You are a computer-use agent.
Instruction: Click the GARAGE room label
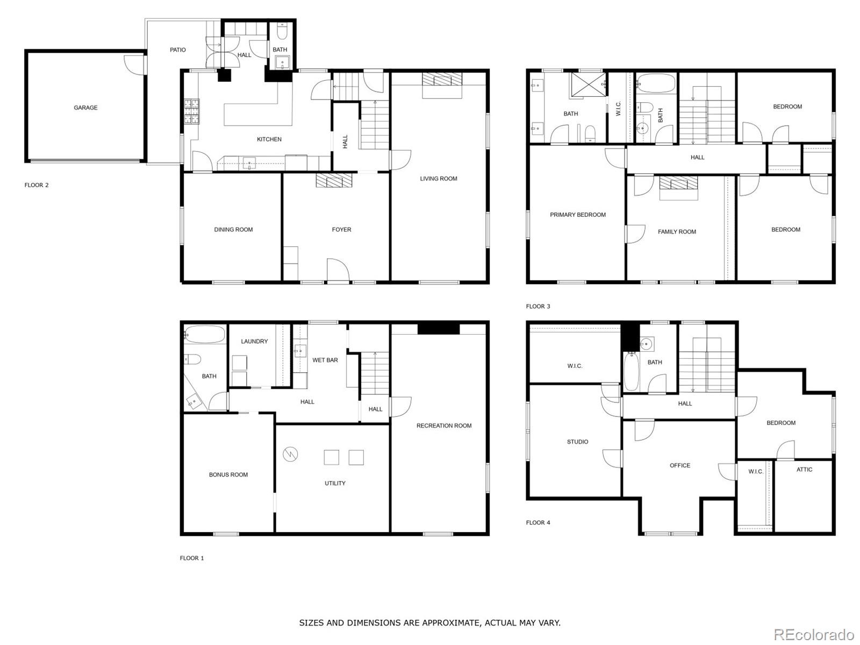click(85, 108)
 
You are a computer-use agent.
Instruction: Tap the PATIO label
click(177, 50)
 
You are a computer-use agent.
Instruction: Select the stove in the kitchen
click(191, 111)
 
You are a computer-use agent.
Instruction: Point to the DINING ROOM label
click(233, 229)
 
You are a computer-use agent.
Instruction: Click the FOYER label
click(341, 229)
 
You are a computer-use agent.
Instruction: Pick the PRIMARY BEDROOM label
click(577, 215)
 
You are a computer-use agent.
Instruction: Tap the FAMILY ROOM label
click(677, 232)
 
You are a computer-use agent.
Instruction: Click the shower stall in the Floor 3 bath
click(587, 84)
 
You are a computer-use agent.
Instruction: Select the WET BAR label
click(325, 360)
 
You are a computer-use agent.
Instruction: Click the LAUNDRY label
click(254, 342)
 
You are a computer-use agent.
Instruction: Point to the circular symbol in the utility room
click(290, 454)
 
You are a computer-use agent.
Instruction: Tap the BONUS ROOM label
click(228, 474)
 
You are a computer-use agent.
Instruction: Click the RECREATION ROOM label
click(443, 426)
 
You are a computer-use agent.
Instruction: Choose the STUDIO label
click(577, 442)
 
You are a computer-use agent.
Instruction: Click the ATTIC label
click(804, 469)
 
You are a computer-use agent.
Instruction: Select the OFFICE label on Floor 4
click(680, 465)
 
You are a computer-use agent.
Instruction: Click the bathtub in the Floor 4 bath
click(631, 371)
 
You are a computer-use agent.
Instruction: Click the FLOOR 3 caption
click(537, 306)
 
